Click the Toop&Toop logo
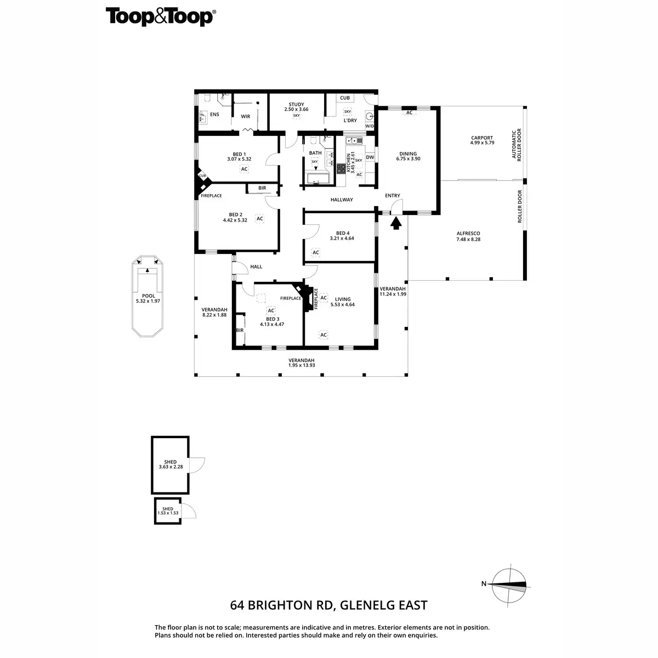160,17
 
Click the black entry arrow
395,222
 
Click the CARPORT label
481,138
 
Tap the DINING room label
408,154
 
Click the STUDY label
296,104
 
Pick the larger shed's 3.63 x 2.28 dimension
170,467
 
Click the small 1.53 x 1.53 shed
168,510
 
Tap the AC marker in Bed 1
245,169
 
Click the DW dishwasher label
370,157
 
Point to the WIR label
246,116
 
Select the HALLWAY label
342,200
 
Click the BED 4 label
342,232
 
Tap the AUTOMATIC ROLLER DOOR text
517,144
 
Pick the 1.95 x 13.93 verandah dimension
302,365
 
